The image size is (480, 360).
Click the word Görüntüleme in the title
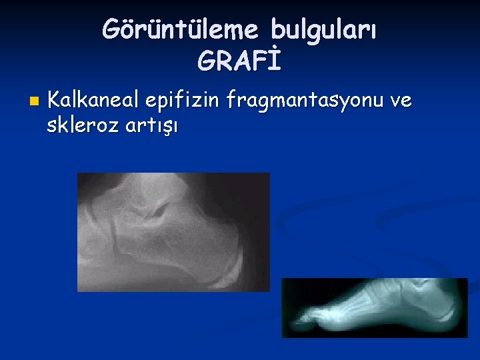pos(181,29)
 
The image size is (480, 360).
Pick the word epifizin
pos(182,101)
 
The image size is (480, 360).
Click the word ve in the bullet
pos(401,101)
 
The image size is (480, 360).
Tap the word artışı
pos(151,125)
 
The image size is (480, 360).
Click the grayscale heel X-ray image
pos(173,232)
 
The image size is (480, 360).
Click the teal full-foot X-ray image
pos(375,307)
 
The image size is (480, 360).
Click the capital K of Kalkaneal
pos(55,101)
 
